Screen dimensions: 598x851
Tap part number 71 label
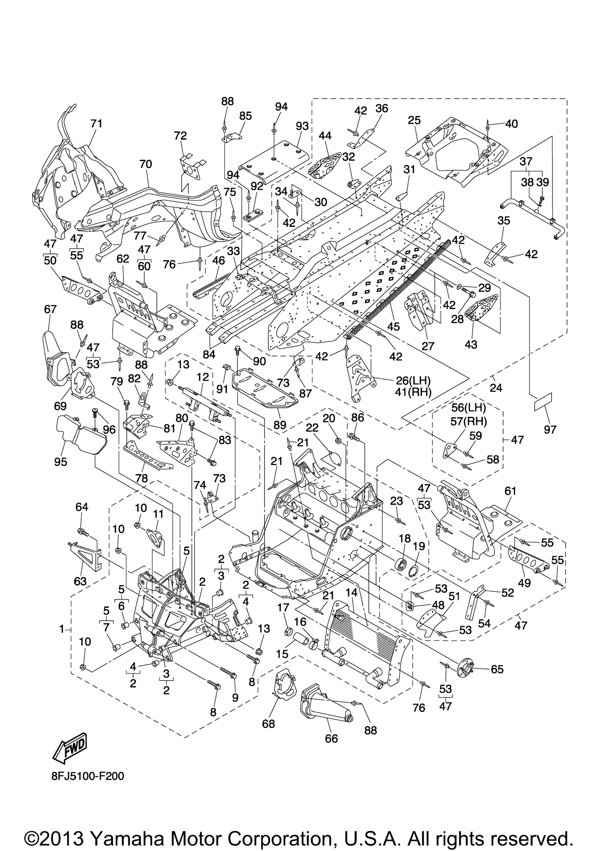pyautogui.click(x=96, y=123)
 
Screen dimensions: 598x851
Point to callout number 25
pyautogui.click(x=415, y=120)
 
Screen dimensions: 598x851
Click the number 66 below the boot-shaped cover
pyautogui.click(x=331, y=739)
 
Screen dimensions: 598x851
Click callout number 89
pyautogui.click(x=280, y=425)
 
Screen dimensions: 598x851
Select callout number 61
pyautogui.click(x=510, y=491)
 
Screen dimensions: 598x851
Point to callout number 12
pyautogui.click(x=203, y=377)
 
